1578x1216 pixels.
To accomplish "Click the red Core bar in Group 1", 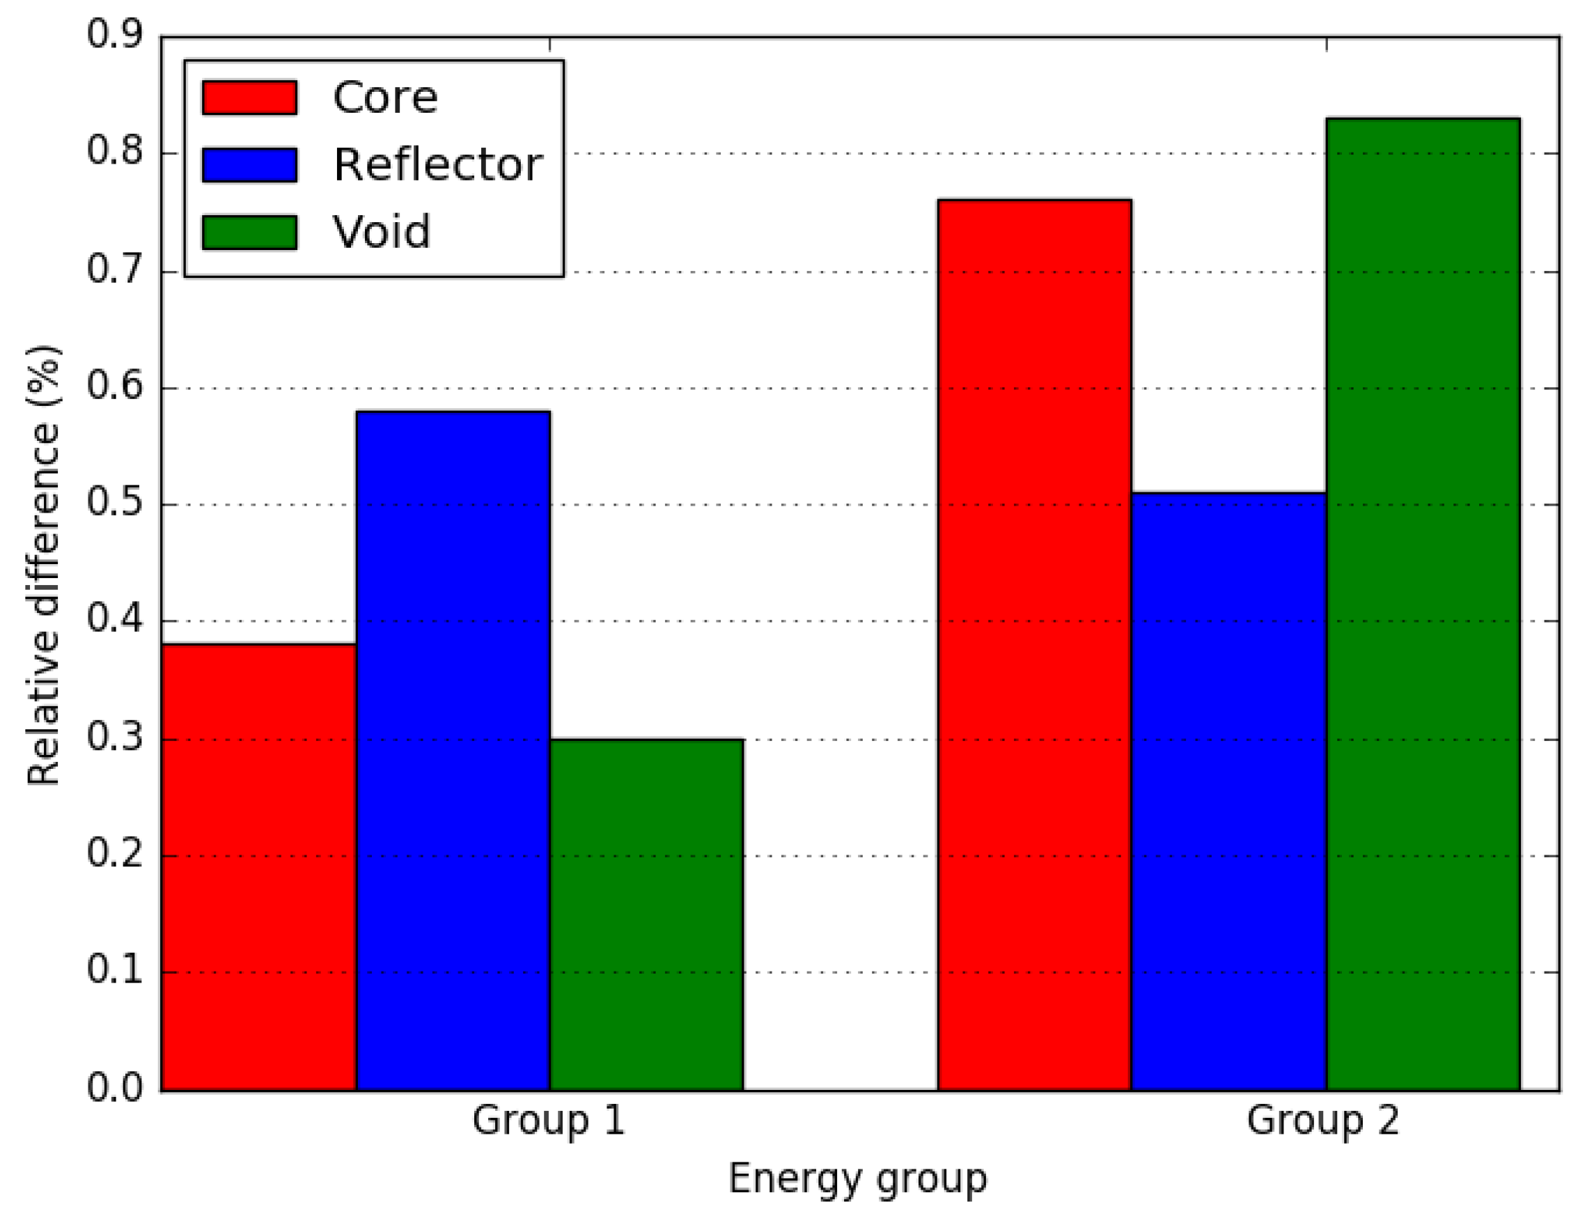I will click(x=258, y=867).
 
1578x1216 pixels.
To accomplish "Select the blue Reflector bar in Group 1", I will click(x=453, y=751).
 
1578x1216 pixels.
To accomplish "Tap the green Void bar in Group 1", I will click(x=647, y=914).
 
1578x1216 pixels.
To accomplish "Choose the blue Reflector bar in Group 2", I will click(x=1228, y=792).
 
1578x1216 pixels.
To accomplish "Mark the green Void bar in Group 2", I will click(x=1423, y=604).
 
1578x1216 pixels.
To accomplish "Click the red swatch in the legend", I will click(x=249, y=98).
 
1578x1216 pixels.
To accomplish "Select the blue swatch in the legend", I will click(x=249, y=165).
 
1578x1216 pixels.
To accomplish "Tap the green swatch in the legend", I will click(x=249, y=233).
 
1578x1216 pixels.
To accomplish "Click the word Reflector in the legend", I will click(x=438, y=165).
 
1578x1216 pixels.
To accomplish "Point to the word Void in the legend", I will click(x=382, y=233).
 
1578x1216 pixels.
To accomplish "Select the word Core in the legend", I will click(x=385, y=98).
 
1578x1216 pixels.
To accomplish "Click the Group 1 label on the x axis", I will click(x=548, y=1121).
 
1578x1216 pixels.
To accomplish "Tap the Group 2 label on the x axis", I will click(x=1323, y=1121).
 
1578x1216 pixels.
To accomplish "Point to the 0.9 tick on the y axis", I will click(x=115, y=35).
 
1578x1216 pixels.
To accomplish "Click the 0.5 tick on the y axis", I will click(x=115, y=504).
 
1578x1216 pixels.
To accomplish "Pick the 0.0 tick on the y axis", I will click(x=115, y=1088).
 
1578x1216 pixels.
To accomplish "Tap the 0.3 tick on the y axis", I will click(x=115, y=738).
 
